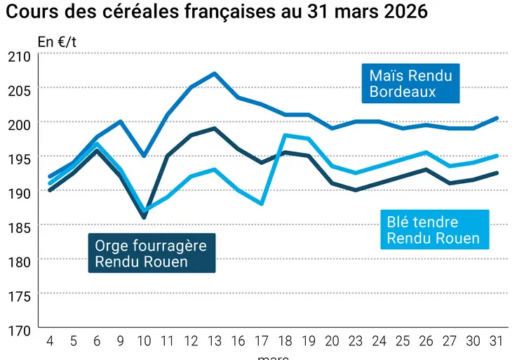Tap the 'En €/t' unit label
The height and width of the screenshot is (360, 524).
coord(57,41)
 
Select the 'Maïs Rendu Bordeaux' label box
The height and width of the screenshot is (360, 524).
coord(410,84)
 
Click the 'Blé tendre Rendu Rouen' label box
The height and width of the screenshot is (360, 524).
coord(433,230)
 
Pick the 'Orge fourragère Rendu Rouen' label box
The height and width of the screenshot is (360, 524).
coord(152,253)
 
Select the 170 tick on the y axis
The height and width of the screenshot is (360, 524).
coord(19,328)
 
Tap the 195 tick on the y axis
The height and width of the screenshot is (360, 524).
coord(19,158)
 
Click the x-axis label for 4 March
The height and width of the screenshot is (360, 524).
coord(50,341)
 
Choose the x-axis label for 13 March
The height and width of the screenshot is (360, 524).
coord(214,341)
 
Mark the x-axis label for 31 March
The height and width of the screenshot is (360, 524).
coord(497,341)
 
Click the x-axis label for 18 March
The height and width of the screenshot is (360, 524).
coord(285,341)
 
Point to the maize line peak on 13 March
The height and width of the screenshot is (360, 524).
coord(214,73)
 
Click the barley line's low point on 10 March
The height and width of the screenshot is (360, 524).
coord(144,218)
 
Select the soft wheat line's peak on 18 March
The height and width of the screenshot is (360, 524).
coord(285,135)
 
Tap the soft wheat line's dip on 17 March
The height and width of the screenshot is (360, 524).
coord(261,204)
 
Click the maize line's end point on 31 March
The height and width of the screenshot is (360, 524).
coord(497,118)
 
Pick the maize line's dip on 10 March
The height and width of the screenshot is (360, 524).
coord(144,155)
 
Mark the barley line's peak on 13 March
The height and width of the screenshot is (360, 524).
coord(214,128)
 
